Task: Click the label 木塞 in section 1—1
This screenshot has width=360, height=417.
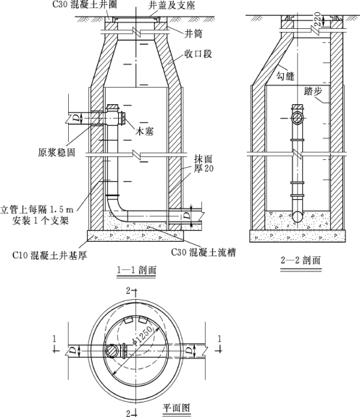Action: pyautogui.click(x=144, y=131)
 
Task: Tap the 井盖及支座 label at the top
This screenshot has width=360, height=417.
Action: pyautogui.click(x=172, y=5)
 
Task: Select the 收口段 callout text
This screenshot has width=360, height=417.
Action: pyautogui.click(x=198, y=54)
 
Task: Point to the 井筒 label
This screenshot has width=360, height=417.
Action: pyautogui.click(x=193, y=33)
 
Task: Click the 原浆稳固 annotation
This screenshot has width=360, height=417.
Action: pyautogui.click(x=56, y=152)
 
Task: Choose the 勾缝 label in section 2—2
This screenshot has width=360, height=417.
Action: pyautogui.click(x=285, y=76)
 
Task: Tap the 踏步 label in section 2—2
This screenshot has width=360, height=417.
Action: pyautogui.click(x=313, y=91)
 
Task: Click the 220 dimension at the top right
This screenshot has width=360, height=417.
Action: pyautogui.click(x=317, y=19)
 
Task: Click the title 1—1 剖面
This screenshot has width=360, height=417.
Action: pyautogui.click(x=136, y=270)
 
